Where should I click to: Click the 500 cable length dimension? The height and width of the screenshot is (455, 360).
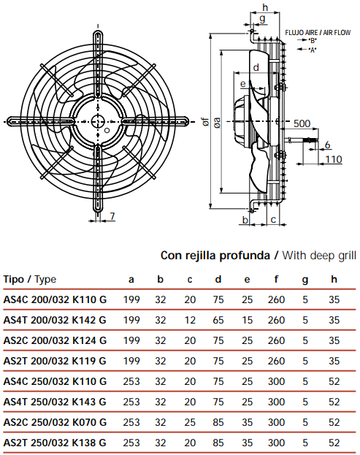pos(302,123)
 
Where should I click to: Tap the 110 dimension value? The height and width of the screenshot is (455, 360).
pos(334,159)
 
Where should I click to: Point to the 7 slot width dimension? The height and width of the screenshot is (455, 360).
pos(112,216)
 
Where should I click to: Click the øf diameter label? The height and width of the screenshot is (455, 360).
pos(205,121)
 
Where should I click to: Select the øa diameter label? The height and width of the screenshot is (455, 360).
pos(217,122)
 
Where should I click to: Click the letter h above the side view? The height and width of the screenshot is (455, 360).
pos(265,7)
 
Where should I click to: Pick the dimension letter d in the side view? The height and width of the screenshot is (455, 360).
pos(256,67)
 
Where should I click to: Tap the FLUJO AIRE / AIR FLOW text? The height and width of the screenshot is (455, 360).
pos(318,32)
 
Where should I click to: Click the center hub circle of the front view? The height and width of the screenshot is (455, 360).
pos(98,121)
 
